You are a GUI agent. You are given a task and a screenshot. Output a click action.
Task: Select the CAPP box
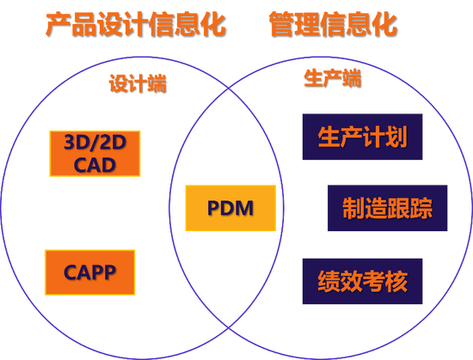point(89,272)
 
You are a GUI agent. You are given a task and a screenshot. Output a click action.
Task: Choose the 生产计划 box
point(362,137)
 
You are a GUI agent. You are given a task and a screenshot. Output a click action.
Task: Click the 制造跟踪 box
point(387,208)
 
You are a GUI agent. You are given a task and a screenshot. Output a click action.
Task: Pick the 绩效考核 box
point(362,280)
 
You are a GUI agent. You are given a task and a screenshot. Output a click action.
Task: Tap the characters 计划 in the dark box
point(384,137)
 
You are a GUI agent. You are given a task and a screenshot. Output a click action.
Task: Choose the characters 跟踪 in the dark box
point(409,208)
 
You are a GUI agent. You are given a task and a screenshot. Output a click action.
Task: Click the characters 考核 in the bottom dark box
point(384,280)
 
